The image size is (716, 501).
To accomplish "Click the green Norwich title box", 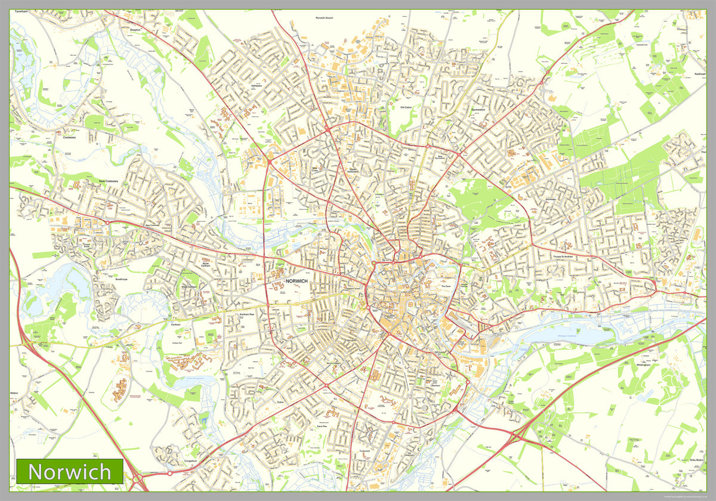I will point(70,471).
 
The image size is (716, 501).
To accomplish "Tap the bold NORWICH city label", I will point(297,281).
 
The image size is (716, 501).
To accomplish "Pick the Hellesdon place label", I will point(257,85).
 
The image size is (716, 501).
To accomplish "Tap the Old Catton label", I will point(406,107).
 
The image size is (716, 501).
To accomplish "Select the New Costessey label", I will point(109,181).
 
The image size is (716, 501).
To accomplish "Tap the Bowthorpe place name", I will point(106,278).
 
